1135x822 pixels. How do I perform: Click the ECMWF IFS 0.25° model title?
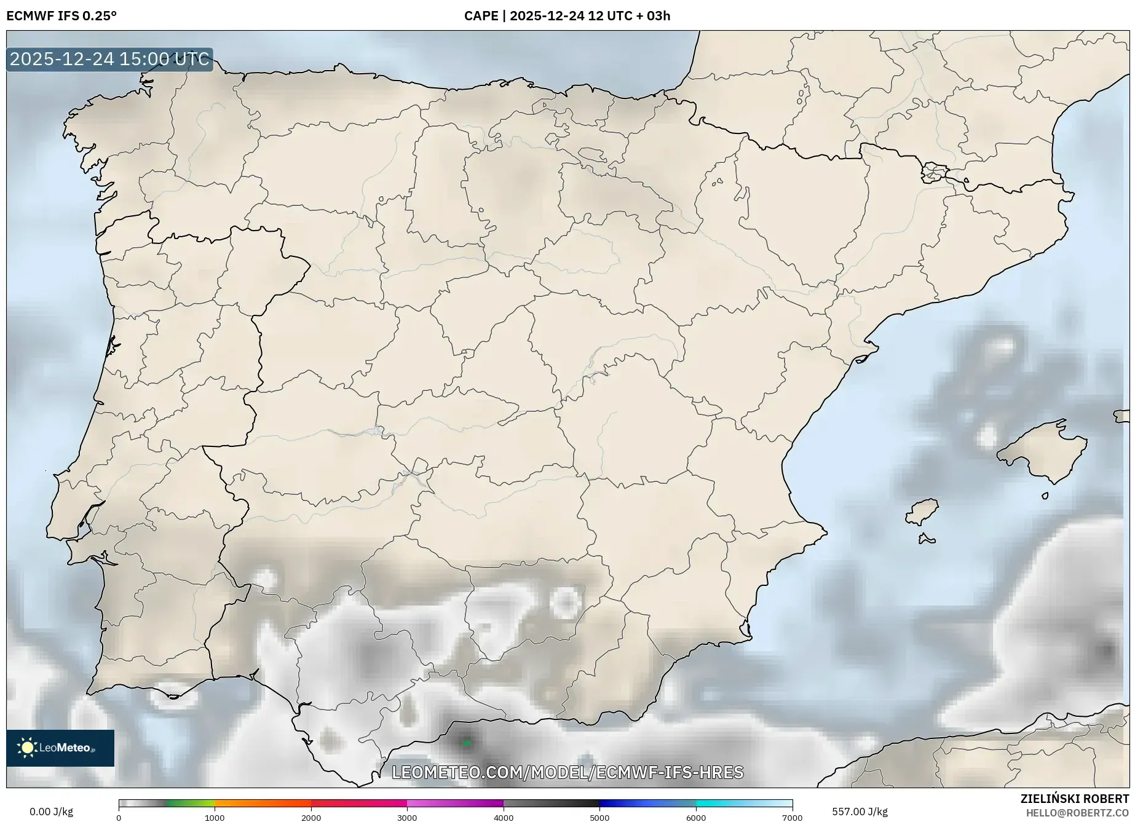(x=61, y=16)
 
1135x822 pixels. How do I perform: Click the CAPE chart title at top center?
(x=567, y=16)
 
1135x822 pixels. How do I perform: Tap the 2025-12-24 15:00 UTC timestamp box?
(x=110, y=60)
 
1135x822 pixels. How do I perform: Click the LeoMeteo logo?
(x=60, y=748)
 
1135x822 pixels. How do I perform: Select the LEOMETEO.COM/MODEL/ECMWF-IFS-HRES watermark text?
(x=567, y=772)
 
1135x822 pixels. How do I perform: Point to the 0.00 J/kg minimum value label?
(x=51, y=812)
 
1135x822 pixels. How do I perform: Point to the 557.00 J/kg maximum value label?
(x=860, y=812)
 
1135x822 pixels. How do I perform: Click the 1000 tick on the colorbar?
(x=215, y=818)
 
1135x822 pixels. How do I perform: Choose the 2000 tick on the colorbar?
(x=311, y=818)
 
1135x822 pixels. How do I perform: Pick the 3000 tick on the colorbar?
(x=407, y=818)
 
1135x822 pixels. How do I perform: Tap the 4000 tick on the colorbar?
(x=504, y=818)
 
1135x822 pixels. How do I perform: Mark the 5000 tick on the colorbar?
(x=599, y=818)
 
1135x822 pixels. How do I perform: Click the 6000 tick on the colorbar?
(x=696, y=818)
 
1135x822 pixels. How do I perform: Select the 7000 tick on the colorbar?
(x=792, y=818)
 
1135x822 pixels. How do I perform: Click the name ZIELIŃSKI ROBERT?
(x=1075, y=799)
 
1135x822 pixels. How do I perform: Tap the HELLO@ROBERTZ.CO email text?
(x=1077, y=813)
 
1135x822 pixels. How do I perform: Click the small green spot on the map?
(x=467, y=743)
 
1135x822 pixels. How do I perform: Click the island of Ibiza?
(x=923, y=511)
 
